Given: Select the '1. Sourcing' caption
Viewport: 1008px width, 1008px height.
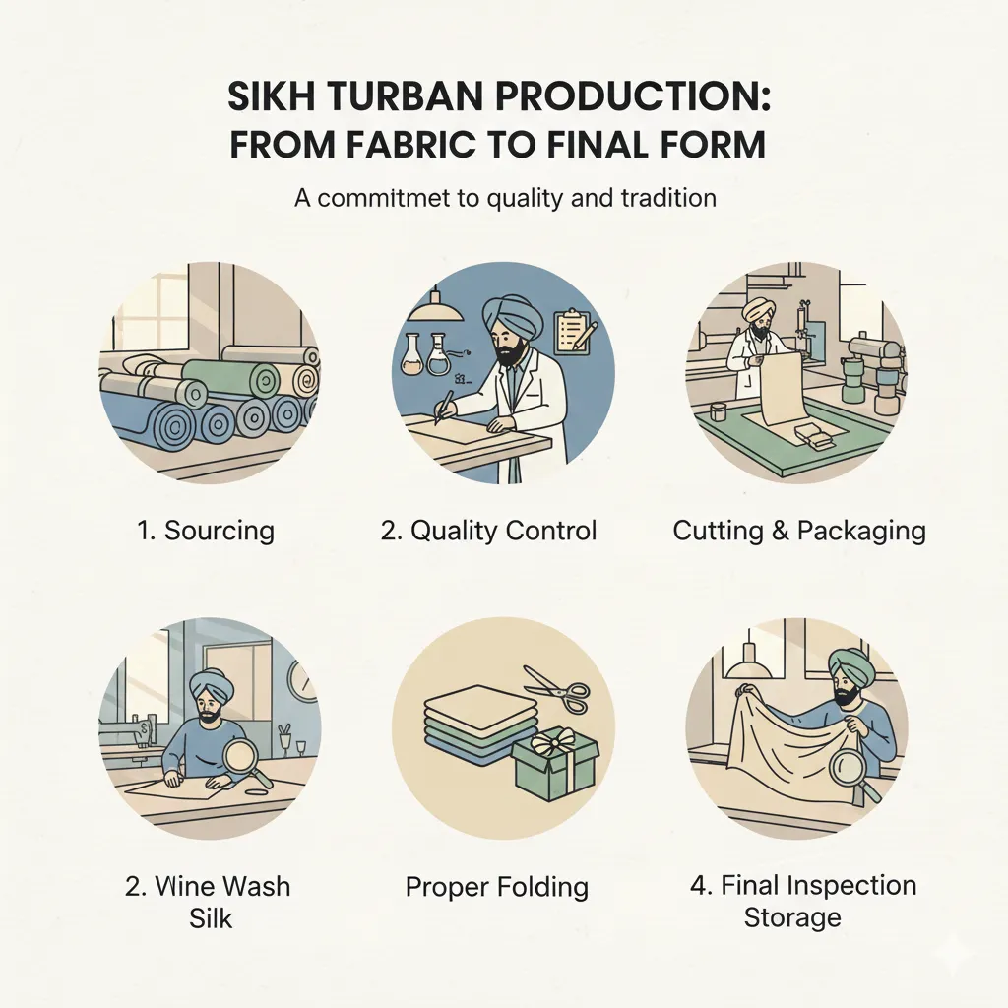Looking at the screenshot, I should coord(205,531).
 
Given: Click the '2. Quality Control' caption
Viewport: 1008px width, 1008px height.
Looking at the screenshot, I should coord(488,531).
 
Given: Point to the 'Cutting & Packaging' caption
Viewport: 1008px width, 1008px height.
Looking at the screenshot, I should coord(799,531).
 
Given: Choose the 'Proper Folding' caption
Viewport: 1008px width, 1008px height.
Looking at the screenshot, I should coord(496,886).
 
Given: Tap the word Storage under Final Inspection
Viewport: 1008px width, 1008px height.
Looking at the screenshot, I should coord(792,917).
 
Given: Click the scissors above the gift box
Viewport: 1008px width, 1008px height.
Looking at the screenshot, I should coord(556,690).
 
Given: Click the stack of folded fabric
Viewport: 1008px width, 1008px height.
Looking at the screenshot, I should coord(466,724).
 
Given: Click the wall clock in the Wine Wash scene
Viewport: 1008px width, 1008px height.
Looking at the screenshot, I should coord(303,681).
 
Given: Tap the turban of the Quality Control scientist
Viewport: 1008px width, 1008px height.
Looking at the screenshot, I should coord(509,317).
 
